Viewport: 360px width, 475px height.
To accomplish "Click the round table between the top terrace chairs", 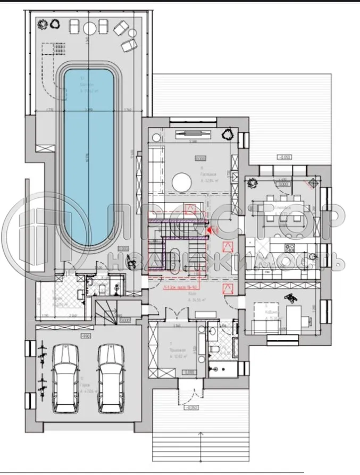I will point(88,27).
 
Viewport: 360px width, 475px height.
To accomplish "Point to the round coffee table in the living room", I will point(182,183).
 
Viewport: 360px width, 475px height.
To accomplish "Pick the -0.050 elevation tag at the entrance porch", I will point(191,408).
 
